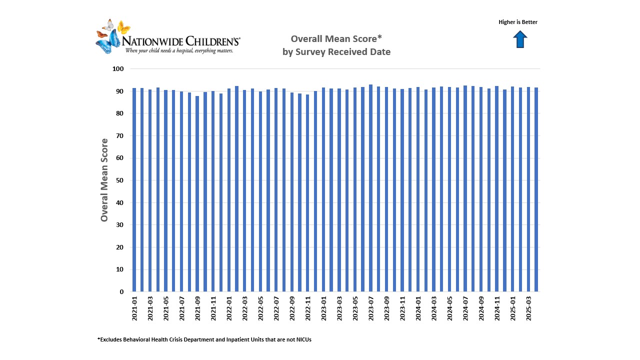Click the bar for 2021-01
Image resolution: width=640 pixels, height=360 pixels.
(x=134, y=190)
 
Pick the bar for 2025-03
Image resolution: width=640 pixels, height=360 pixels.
(x=528, y=189)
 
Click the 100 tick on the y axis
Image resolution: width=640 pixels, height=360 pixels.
(x=117, y=69)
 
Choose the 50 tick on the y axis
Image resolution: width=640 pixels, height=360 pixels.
(x=119, y=180)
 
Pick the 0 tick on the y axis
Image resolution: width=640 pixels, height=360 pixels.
(x=121, y=292)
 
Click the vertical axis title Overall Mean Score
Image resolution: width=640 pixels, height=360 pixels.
(x=104, y=180)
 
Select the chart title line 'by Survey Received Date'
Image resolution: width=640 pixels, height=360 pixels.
(x=336, y=52)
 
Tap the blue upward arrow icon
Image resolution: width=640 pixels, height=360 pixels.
(x=520, y=39)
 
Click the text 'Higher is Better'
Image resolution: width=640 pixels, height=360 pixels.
(x=518, y=22)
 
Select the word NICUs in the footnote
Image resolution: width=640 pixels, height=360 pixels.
(x=302, y=340)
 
